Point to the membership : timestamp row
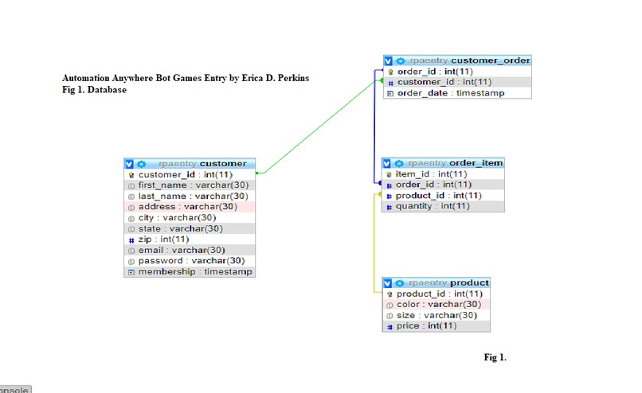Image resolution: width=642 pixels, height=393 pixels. coord(190,271)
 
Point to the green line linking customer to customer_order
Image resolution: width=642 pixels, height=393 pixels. coord(319,126)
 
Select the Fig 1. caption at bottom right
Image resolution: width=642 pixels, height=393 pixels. coord(495,357)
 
